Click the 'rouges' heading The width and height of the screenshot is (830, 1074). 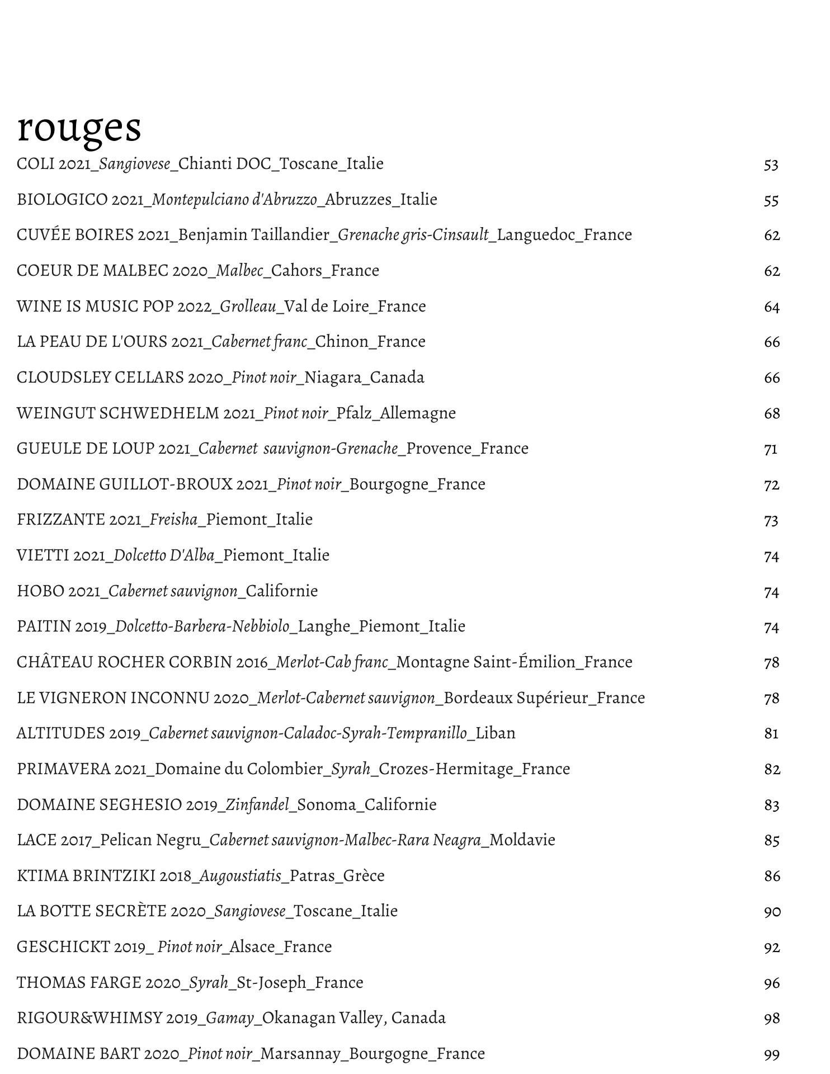tap(79, 128)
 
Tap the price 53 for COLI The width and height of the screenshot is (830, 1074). tap(771, 165)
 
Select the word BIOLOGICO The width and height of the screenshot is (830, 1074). tap(62, 200)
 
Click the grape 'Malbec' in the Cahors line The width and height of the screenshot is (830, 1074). tap(239, 271)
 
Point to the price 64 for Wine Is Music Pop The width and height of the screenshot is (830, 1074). tap(771, 307)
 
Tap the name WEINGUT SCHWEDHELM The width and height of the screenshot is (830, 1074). tap(117, 413)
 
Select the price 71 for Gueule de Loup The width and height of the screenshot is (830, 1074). tap(770, 449)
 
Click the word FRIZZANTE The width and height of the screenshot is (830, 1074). tap(61, 520)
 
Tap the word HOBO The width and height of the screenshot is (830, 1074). tap(40, 591)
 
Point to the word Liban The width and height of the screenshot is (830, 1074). tap(496, 733)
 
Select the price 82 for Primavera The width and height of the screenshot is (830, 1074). tap(772, 770)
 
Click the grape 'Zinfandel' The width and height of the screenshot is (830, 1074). tap(257, 805)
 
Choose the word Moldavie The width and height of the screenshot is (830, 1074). tap(522, 840)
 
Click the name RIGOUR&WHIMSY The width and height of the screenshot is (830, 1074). tap(89, 1018)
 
